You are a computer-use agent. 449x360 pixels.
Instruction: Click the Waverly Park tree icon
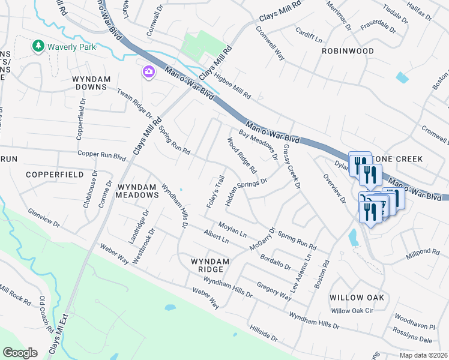point(38,46)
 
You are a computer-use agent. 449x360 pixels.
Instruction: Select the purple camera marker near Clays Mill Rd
point(148,72)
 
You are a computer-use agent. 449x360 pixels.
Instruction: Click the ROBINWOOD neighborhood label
point(348,51)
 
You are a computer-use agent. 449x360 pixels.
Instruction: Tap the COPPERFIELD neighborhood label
point(55,174)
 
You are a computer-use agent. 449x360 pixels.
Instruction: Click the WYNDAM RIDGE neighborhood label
point(210,266)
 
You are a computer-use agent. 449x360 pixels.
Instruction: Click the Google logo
point(20,352)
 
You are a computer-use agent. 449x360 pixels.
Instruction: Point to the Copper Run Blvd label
point(104,157)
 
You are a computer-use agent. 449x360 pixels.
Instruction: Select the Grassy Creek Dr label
point(291,167)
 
